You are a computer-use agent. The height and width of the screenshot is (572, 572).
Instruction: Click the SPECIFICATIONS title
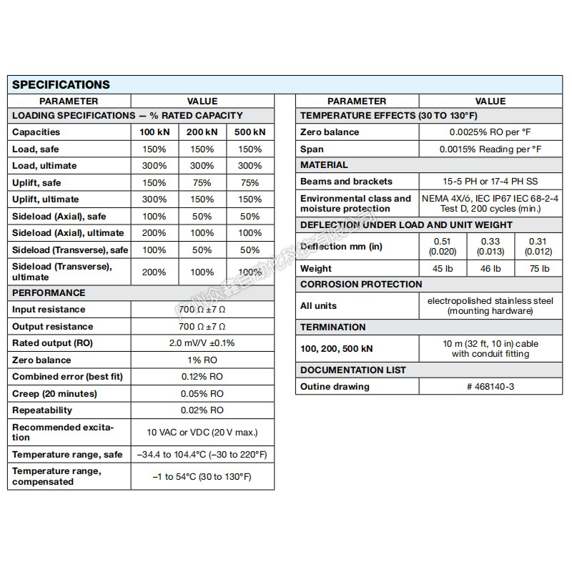point(61,84)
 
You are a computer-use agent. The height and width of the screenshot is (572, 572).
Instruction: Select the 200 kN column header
point(202,132)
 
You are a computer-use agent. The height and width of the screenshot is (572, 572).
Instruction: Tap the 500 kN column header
point(250,132)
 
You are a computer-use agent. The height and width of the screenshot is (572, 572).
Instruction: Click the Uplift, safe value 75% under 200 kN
point(202,183)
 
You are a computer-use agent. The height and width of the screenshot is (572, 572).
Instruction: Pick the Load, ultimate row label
point(44,166)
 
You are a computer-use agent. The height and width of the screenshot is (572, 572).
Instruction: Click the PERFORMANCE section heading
point(49,292)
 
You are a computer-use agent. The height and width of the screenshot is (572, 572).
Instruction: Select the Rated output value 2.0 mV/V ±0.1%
point(202,343)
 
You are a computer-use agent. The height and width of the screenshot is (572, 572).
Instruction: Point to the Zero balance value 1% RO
point(202,360)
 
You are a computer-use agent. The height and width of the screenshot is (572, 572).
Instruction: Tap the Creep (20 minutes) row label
point(54,394)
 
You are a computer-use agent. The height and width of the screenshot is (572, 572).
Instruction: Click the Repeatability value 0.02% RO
point(202,410)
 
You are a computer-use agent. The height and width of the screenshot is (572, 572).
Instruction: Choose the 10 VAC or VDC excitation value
point(202,433)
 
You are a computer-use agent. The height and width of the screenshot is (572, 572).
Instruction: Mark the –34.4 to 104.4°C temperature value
point(202,455)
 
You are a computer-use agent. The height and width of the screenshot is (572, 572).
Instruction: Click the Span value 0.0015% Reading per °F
point(490,149)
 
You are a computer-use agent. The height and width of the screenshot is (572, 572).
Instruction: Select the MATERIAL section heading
point(324,165)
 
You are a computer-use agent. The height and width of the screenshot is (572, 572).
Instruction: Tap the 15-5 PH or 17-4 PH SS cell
point(490,182)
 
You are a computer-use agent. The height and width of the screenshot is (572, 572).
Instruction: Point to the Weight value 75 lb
point(538,269)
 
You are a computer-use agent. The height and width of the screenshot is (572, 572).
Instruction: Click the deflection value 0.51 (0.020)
point(442,247)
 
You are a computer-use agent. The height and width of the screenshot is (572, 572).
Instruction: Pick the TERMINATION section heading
point(332,327)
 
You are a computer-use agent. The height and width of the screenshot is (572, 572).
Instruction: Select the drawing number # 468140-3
point(490,387)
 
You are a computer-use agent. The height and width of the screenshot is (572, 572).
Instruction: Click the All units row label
point(318,305)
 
